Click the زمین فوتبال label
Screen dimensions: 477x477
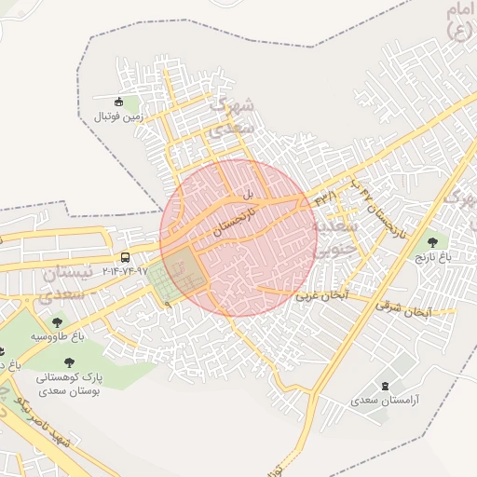pyautogui.click(x=117, y=118)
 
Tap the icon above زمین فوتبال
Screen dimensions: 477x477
pyautogui.click(x=118, y=102)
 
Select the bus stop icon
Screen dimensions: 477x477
pyautogui.click(x=126, y=257)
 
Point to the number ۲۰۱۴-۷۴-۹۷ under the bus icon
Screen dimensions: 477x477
pyautogui.click(x=126, y=271)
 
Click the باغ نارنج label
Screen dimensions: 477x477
pyautogui.click(x=432, y=254)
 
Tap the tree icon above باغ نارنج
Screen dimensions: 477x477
pyautogui.click(x=431, y=240)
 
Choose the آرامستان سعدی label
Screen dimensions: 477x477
pyautogui.click(x=386, y=400)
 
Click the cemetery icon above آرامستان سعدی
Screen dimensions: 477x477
pyautogui.click(x=387, y=385)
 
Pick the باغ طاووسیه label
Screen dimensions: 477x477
pyautogui.click(x=58, y=335)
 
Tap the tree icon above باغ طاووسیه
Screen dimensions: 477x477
pyautogui.click(x=58, y=322)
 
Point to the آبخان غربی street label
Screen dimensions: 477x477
pyautogui.click(x=321, y=295)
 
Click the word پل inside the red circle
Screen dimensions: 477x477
pyautogui.click(x=248, y=195)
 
